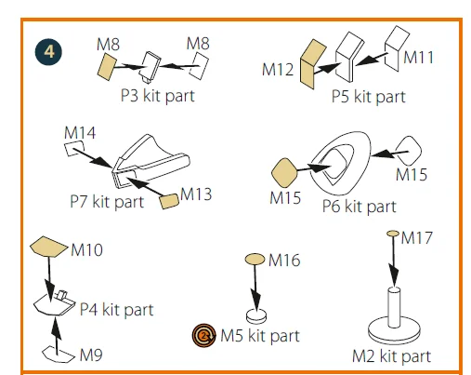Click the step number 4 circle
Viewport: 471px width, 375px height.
tap(48, 52)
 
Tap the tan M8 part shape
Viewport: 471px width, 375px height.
tap(107, 67)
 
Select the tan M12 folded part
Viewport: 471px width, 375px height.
tap(312, 64)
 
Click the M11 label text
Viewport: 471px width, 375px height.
tap(418, 58)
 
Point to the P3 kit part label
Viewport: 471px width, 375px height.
tap(158, 96)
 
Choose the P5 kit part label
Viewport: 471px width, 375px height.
tap(369, 97)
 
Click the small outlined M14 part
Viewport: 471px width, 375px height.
tap(74, 148)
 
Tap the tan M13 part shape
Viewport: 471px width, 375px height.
tap(169, 201)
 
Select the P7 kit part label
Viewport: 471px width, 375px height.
tap(107, 202)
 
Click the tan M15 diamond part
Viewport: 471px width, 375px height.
tap(284, 173)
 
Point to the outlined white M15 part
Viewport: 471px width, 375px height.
tap(409, 151)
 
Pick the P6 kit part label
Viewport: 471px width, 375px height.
tap(360, 207)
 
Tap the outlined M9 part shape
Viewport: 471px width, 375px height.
tap(59, 355)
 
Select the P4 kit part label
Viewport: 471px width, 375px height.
tap(116, 309)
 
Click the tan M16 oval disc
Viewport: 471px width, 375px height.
tap(255, 259)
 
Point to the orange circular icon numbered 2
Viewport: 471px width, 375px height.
tap(203, 335)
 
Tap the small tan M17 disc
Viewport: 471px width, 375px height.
tap(393, 234)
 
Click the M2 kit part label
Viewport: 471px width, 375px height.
tap(391, 356)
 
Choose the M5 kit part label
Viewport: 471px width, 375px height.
tap(260, 336)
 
